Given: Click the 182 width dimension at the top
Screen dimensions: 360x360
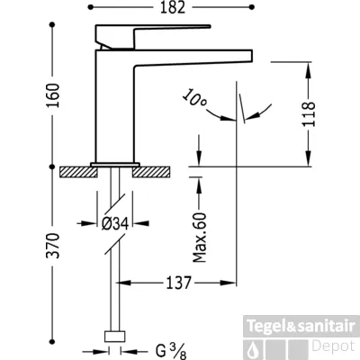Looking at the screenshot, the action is point(173,7).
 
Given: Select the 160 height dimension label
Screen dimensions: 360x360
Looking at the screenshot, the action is point(53,95).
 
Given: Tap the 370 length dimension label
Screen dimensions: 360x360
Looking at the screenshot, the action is point(53,246).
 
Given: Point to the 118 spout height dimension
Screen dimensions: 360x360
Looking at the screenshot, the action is point(309,114).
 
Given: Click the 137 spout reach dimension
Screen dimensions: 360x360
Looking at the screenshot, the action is point(179,283).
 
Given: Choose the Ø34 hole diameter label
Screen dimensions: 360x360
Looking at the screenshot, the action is point(115,223).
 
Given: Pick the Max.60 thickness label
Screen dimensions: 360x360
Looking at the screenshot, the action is point(200,238).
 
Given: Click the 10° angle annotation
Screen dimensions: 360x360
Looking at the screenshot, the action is point(194,97).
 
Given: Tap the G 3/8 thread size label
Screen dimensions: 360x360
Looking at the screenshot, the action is point(171,351).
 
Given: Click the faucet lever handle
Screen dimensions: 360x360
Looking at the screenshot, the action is point(152,36).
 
